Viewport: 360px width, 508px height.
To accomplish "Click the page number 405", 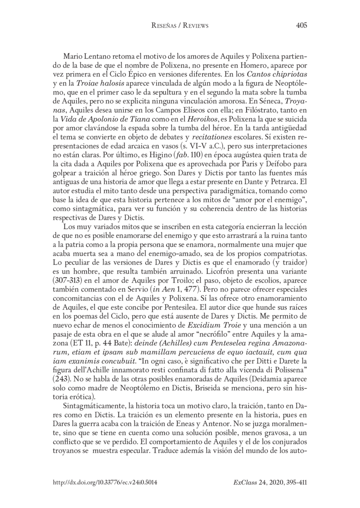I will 301,26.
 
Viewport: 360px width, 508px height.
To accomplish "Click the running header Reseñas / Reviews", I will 180,26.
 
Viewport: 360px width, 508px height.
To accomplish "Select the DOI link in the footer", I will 105,481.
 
